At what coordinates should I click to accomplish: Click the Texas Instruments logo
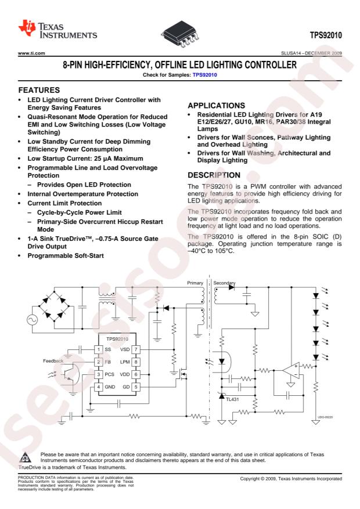58,30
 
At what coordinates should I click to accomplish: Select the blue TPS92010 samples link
204,75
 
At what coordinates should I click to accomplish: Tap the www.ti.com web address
31,53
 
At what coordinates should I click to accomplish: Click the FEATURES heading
39,90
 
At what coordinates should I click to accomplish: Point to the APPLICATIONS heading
216,106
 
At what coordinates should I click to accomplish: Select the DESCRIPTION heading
214,175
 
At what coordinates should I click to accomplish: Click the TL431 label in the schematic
232,399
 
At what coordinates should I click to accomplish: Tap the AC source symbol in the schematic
33,320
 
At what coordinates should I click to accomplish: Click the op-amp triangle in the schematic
291,370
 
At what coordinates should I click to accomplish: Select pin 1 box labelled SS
99,349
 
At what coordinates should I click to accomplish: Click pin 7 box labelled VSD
136,349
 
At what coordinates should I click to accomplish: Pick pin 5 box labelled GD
136,387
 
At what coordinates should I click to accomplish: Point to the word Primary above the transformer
195,283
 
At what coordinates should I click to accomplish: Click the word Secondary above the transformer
224,283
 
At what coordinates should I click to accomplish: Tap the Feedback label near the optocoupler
53,361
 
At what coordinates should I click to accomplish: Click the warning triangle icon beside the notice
26,457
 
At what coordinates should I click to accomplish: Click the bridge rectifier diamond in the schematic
54,306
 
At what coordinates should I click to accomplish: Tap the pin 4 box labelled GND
99,387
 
